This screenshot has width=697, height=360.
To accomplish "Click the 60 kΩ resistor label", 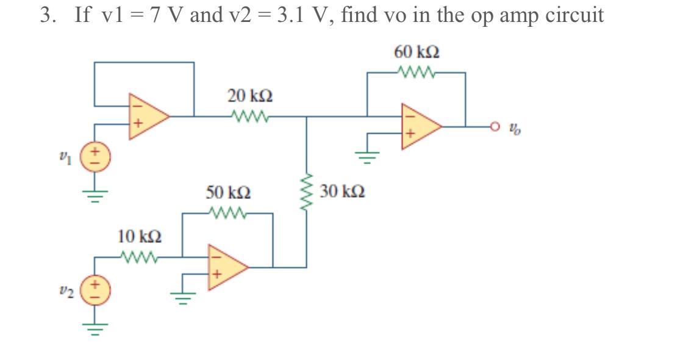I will tap(417, 52).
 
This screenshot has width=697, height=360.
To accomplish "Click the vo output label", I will tap(516, 129).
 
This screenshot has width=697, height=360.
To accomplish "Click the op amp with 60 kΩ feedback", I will tap(417, 126).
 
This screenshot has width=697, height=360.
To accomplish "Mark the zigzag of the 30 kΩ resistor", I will tap(306, 193).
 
